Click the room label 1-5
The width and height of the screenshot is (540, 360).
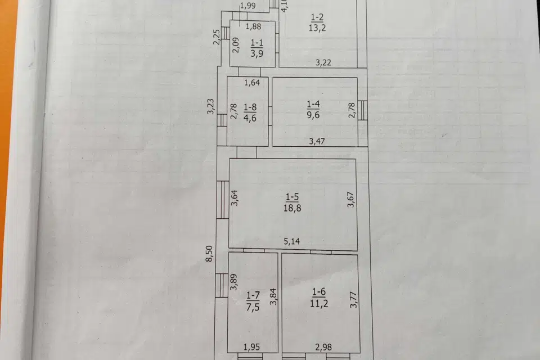(x=292, y=196)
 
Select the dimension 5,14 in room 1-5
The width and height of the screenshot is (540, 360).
(x=292, y=242)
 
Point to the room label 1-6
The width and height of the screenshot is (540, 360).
(x=318, y=291)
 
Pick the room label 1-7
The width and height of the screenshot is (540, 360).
(x=253, y=295)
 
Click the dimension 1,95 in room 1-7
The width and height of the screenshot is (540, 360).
(x=253, y=346)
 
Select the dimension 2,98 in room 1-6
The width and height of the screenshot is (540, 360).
(x=323, y=346)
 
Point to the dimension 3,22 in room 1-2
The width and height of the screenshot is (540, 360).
(x=323, y=62)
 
